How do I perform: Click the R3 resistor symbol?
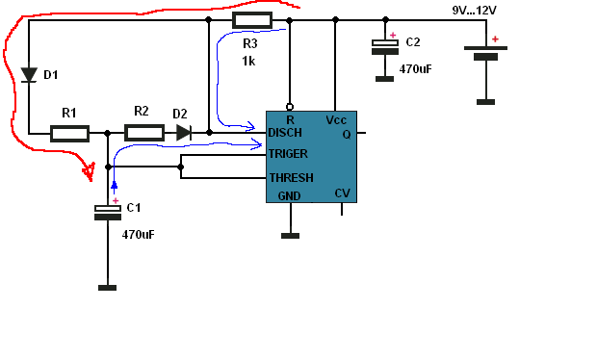pyautogui.click(x=252, y=20)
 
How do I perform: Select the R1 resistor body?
pyautogui.click(x=69, y=134)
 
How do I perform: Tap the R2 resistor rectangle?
pyautogui.click(x=144, y=133)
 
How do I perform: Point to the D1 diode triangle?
pyautogui.click(x=29, y=74)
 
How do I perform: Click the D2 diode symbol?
pyautogui.click(x=184, y=133)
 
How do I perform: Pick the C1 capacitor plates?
pyautogui.click(x=108, y=213)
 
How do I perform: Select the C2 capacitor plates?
pyautogui.click(x=385, y=47)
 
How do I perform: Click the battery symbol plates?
pyautogui.click(x=485, y=53)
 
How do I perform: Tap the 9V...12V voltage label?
pyautogui.click(x=474, y=11)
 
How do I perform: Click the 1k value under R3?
pyautogui.click(x=248, y=61)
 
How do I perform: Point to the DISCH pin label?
pyautogui.click(x=285, y=133)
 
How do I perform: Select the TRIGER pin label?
pyautogui.click(x=288, y=154)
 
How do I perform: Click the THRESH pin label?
pyautogui.click(x=291, y=178)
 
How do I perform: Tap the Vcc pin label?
pyautogui.click(x=336, y=120)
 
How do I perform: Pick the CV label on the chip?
pyautogui.click(x=342, y=193)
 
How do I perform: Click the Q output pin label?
pyautogui.click(x=347, y=135)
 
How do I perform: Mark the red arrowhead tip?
pyautogui.click(x=91, y=181)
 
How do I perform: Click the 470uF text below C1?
pyautogui.click(x=139, y=235)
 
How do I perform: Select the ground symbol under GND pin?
pyautogui.click(x=290, y=236)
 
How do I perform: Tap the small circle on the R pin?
pyautogui.click(x=290, y=107)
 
